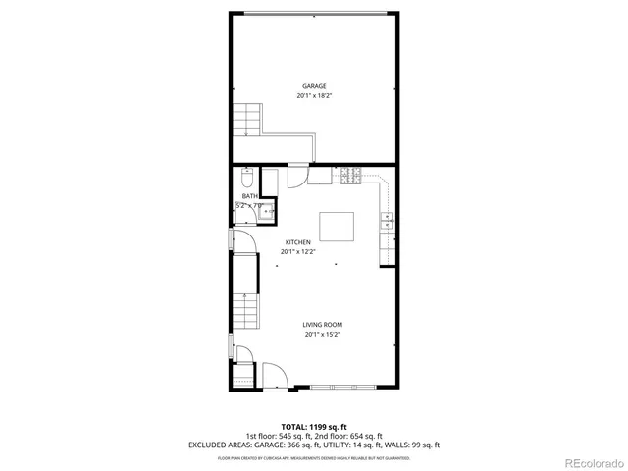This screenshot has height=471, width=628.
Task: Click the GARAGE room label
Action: (x=314, y=86)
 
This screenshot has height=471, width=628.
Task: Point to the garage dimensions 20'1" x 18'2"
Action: (x=314, y=96)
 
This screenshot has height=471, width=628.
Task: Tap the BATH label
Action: (x=250, y=196)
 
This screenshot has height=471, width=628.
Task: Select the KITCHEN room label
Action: (x=298, y=242)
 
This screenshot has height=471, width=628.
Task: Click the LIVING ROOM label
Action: (x=322, y=325)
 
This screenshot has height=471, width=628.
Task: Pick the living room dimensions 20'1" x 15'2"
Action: (x=322, y=335)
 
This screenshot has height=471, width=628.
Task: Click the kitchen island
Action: (x=338, y=228)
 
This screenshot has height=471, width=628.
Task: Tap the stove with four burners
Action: (x=350, y=177)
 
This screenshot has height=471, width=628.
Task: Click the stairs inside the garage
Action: (x=244, y=121)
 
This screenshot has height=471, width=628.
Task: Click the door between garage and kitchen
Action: (x=295, y=177)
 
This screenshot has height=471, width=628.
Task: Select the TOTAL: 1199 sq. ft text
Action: (x=314, y=427)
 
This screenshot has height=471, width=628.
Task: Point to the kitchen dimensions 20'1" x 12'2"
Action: (x=298, y=252)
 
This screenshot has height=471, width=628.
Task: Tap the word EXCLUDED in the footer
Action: (x=208, y=445)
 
